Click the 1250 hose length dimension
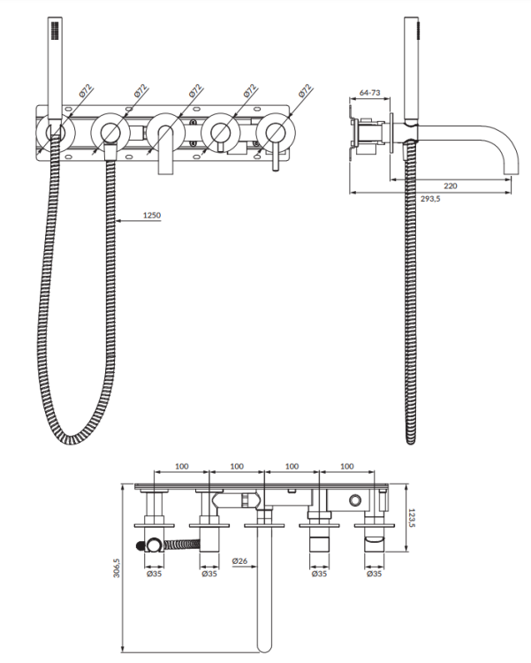point(152,215)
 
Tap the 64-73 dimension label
point(370,93)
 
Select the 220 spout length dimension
point(451,186)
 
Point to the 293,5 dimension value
point(430,198)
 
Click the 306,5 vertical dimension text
point(117,568)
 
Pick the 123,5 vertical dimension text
point(413,517)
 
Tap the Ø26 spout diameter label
point(239,561)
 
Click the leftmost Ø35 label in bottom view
point(155,574)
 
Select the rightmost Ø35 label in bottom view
point(374,574)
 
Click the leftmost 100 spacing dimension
point(182,466)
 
